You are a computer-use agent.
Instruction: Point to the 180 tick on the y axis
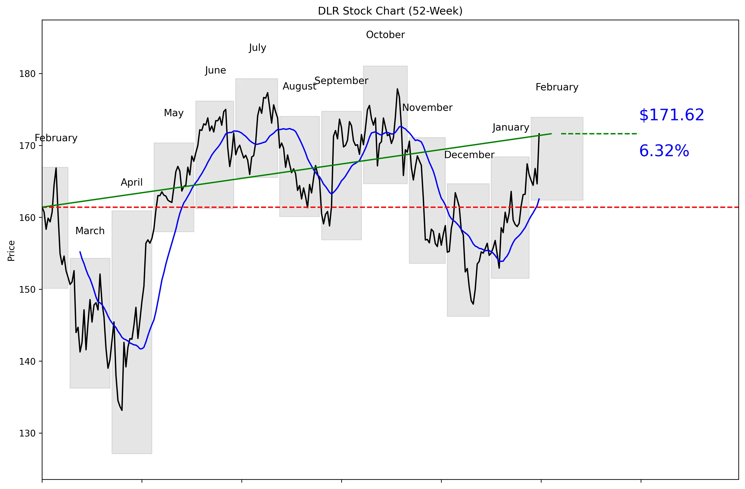[x=28, y=74]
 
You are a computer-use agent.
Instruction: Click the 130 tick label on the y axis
[x=28, y=433]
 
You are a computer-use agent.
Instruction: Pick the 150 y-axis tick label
[x=28, y=289]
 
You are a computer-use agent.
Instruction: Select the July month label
[x=257, y=48]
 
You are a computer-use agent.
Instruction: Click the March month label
[x=90, y=231]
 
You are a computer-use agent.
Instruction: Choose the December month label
[x=469, y=155]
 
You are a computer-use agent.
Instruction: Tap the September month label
[x=341, y=81]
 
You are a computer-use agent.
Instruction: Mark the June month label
[x=215, y=70]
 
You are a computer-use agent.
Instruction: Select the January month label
[x=511, y=127]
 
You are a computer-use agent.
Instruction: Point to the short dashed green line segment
[x=600, y=134]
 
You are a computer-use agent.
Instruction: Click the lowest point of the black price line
[x=122, y=410]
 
